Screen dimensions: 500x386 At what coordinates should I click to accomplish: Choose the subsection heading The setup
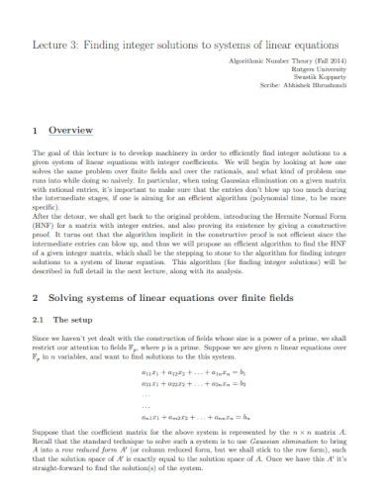71,292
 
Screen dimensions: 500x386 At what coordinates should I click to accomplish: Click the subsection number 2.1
39,292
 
